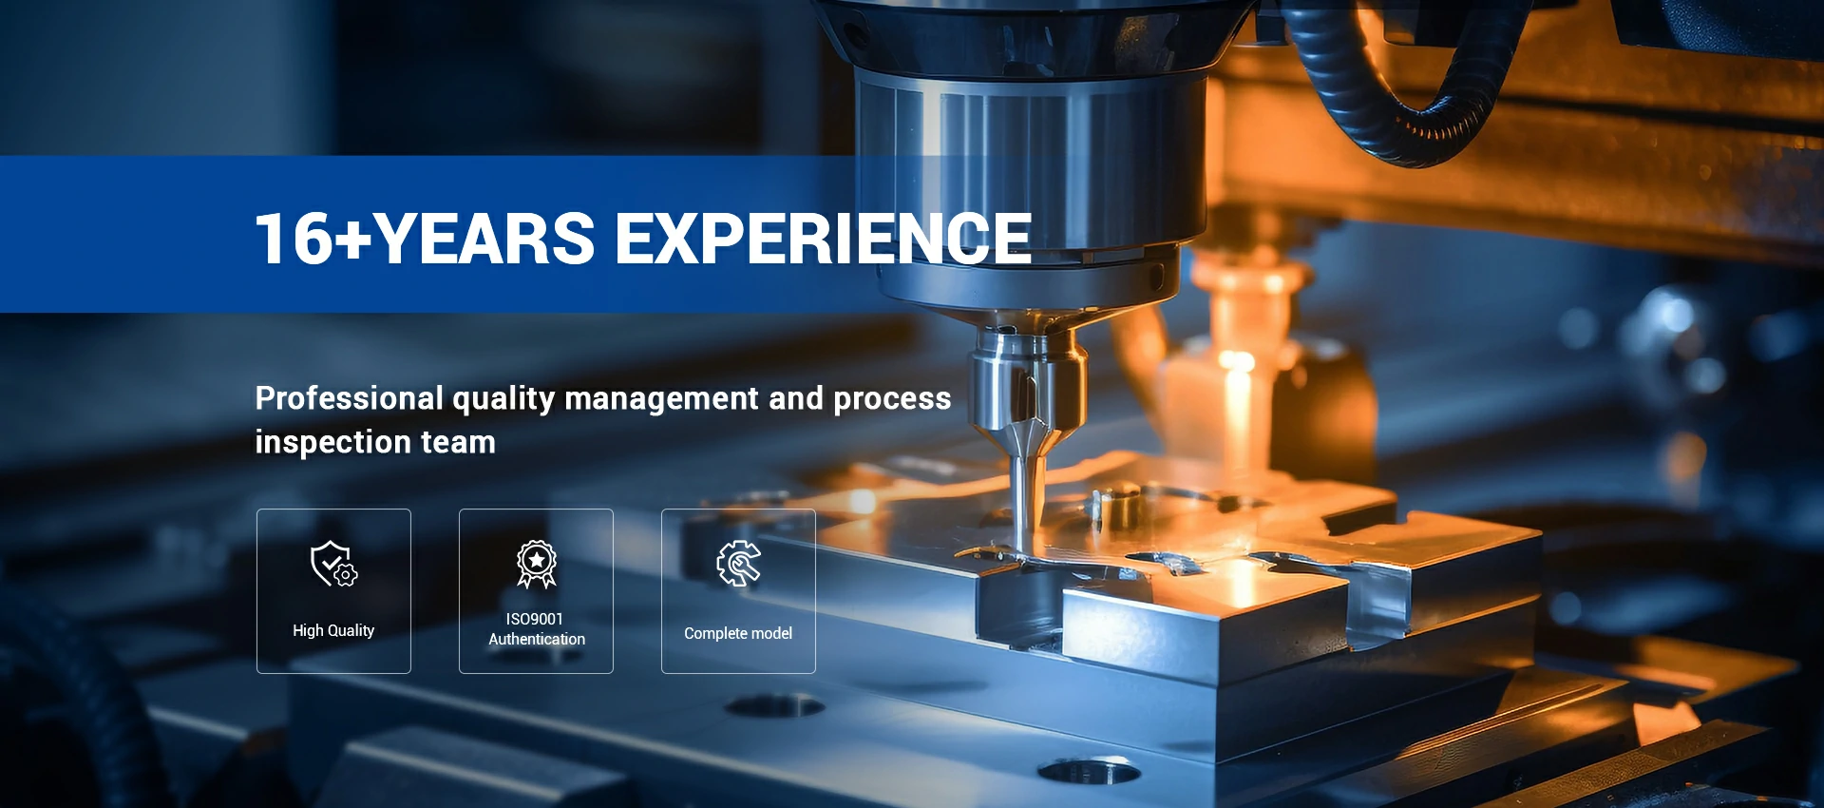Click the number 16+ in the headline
pos(314,238)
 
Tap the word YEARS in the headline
pos(485,238)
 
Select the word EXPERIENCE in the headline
pos(824,238)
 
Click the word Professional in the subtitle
pos(349,398)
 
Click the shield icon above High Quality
pos(333,564)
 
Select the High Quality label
pos(333,630)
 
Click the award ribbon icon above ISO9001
pos(537,565)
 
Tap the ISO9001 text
pos(535,619)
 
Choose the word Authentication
pos(537,640)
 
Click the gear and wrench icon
pos(738,564)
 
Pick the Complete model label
pos(738,633)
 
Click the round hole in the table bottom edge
pos(1089,771)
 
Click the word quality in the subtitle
pos(503,399)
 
